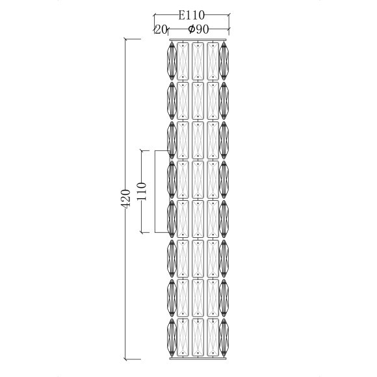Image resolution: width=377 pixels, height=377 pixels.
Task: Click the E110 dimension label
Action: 191,16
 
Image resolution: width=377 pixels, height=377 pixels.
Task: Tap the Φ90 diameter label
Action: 198,29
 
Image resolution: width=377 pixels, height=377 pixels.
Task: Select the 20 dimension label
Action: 161,29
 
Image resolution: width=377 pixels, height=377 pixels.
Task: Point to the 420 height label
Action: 125,199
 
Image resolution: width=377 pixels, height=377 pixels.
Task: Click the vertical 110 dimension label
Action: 141,191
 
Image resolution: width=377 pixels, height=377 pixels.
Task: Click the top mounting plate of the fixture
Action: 198,40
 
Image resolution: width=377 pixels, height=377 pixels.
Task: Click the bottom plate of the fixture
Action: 198,359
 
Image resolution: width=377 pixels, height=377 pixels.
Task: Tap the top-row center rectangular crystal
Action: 198,61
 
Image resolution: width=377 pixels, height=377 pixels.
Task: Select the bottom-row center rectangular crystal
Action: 198,337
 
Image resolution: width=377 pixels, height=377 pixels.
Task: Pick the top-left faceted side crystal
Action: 172,61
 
